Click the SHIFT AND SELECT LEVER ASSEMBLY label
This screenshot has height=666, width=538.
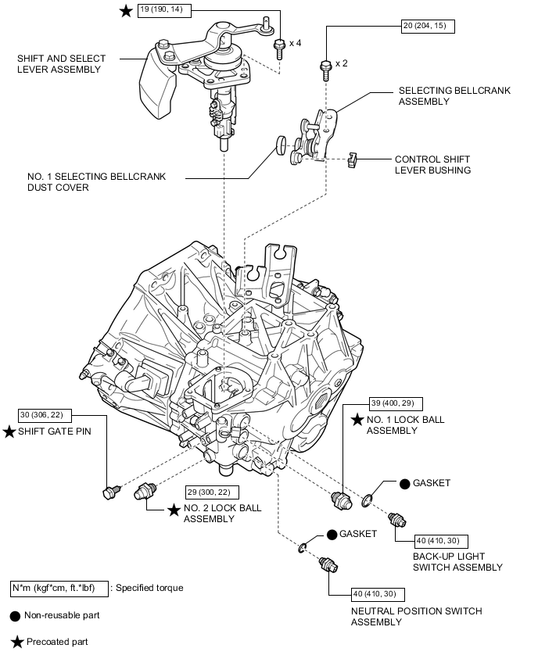[59, 64]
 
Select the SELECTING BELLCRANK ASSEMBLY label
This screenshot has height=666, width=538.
[454, 96]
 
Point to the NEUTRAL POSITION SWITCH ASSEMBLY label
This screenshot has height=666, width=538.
[416, 616]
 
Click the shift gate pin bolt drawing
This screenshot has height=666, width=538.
[110, 491]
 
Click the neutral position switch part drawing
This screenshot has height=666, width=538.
[327, 564]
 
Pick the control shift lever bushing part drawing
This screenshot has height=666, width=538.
[351, 160]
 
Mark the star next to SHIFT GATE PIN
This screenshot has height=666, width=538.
[9, 431]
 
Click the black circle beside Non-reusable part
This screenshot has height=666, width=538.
[16, 615]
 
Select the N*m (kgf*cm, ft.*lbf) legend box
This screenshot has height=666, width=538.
[59, 588]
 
